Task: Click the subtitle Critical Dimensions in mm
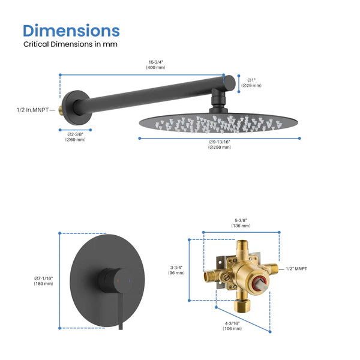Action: [70, 44]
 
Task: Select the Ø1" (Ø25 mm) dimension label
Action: [251, 82]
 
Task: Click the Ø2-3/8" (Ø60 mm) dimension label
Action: [76, 137]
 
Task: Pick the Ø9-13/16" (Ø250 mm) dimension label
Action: [220, 145]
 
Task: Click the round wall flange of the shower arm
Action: [76, 109]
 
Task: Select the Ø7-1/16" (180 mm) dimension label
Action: [43, 280]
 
